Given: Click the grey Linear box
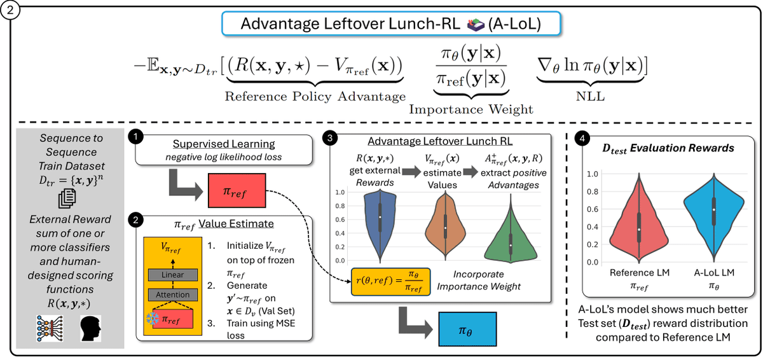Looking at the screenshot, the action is [173, 275].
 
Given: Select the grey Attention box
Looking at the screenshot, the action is [173, 294].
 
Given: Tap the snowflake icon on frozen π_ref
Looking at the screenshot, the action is [152, 319].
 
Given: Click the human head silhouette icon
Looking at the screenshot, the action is [90, 329].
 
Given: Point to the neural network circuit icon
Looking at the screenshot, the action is [50, 329].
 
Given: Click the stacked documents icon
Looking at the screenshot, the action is [67, 198].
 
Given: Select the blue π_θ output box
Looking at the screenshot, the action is [467, 329].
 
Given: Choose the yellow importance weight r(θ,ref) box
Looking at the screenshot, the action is [390, 282].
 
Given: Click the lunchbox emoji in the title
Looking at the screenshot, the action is [476, 25].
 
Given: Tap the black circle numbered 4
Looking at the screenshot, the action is [582, 138].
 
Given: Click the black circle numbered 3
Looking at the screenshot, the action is [330, 138].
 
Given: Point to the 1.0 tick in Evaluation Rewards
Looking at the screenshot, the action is [593, 174].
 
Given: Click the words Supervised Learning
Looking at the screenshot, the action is [224, 144].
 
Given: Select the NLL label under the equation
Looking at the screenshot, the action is [590, 97].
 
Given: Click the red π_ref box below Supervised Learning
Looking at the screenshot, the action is [237, 190].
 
